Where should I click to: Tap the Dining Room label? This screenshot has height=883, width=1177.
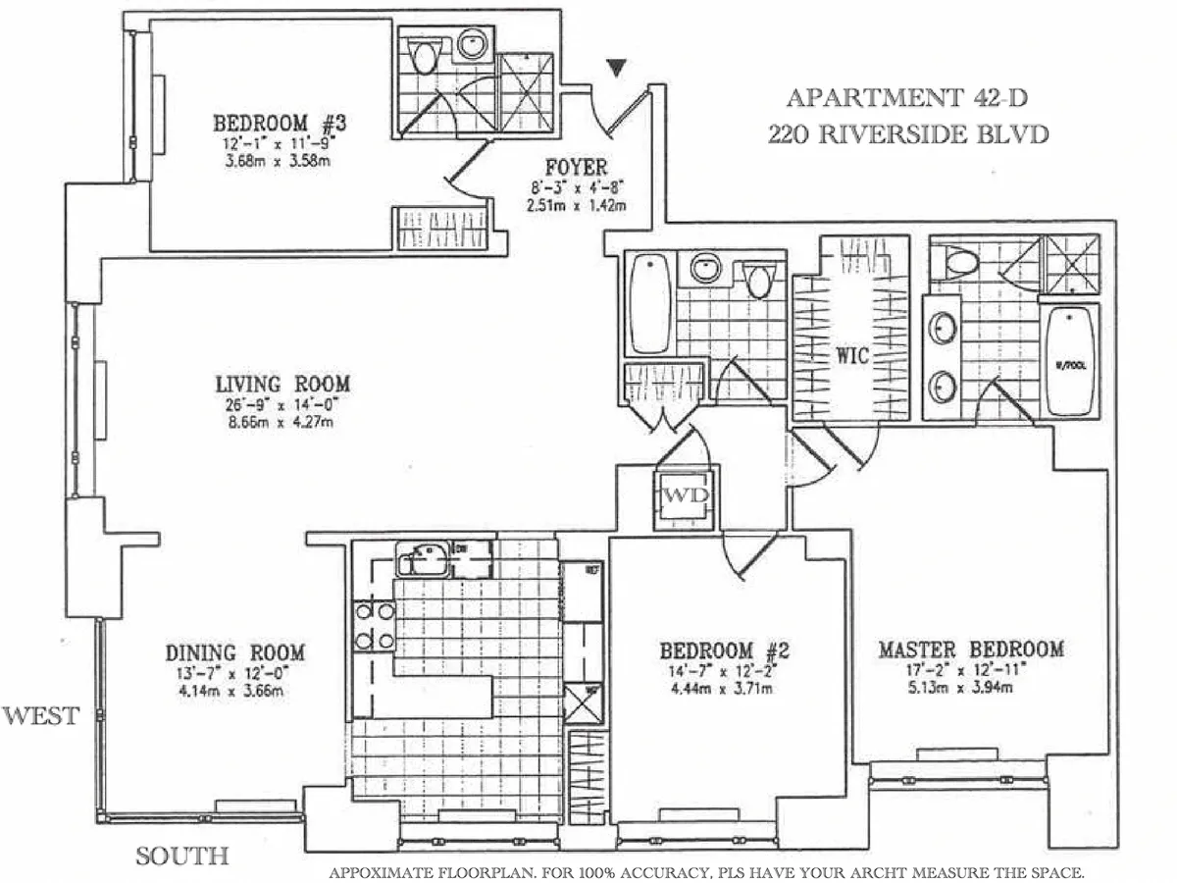click(234, 652)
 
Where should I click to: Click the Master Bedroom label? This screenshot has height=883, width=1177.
click(970, 649)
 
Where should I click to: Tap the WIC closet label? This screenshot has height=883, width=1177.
click(853, 355)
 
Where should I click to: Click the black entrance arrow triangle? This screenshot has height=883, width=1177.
click(616, 68)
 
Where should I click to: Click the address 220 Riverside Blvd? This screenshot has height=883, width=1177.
click(907, 132)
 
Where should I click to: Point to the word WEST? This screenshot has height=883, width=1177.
click(40, 717)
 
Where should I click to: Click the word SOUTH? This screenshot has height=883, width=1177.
click(181, 856)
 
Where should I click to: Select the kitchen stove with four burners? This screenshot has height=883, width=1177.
click(375, 626)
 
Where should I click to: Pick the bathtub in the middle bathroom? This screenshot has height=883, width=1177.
click(648, 302)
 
